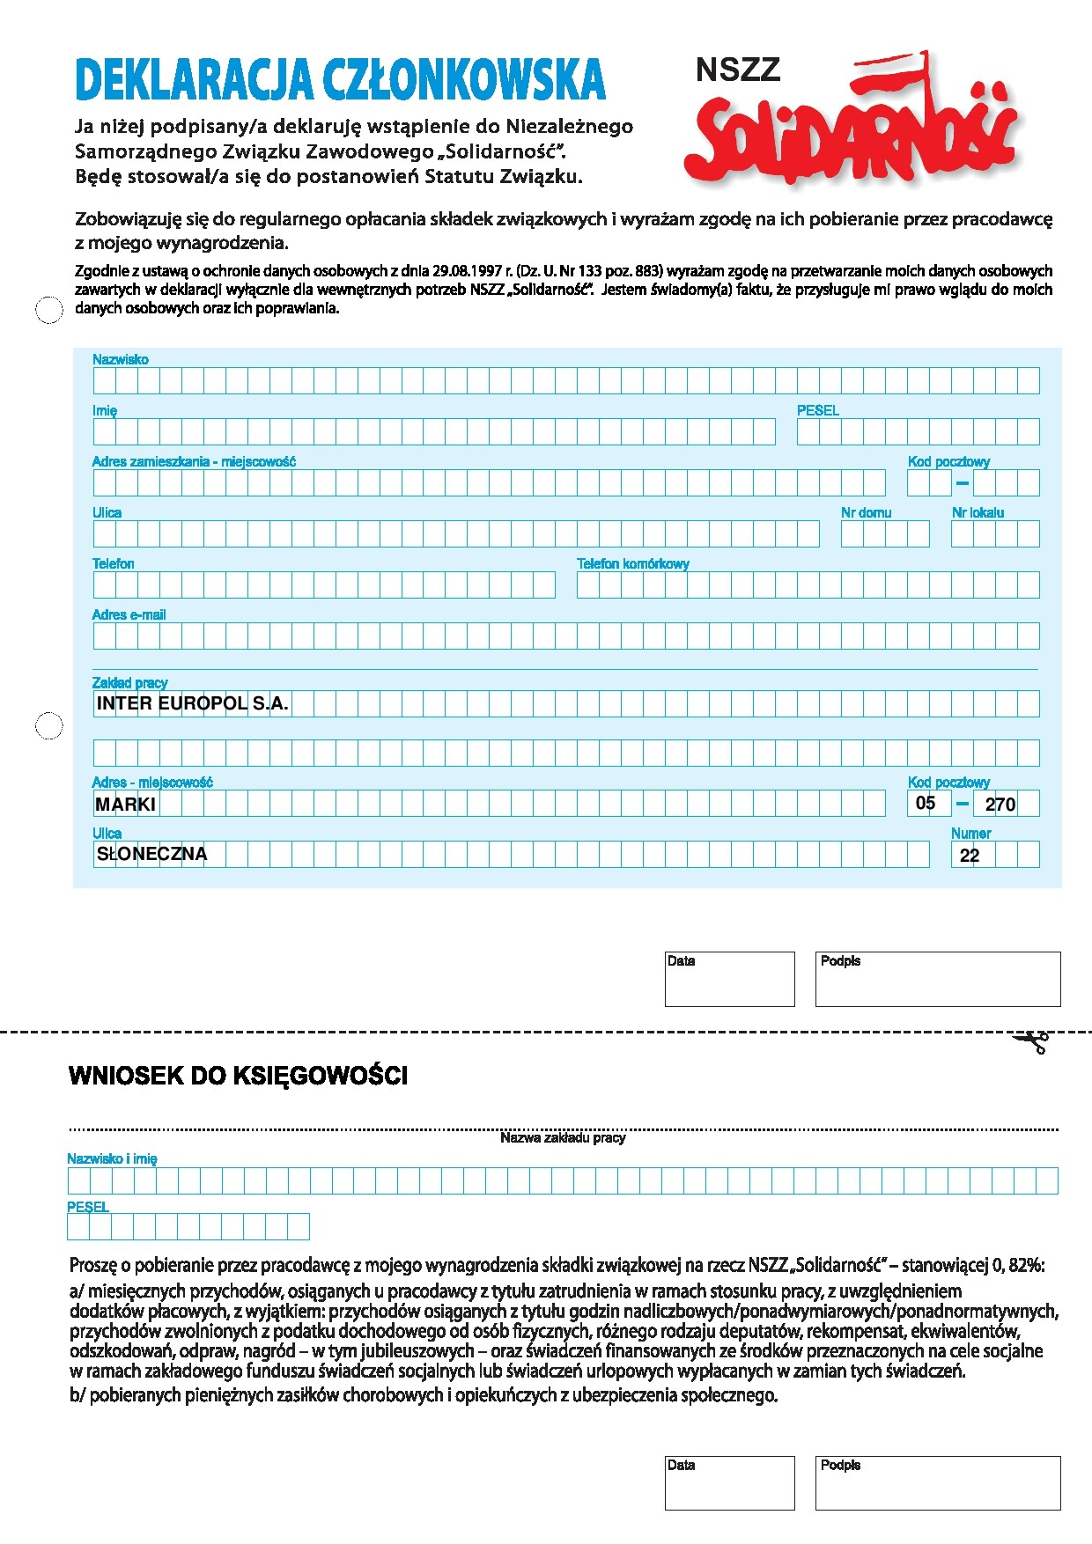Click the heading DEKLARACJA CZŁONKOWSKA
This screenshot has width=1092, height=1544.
tap(340, 80)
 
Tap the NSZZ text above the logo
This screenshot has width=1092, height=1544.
tap(738, 70)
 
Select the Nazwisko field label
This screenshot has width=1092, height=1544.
tap(121, 359)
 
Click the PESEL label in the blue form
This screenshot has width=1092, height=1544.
tap(817, 410)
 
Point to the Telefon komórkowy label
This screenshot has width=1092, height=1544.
tap(632, 563)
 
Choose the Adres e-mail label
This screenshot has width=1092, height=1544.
tap(129, 614)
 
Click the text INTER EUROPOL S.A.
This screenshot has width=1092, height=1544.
tap(192, 703)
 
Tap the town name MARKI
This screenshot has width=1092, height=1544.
tap(125, 804)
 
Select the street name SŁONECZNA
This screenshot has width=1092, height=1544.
tap(151, 854)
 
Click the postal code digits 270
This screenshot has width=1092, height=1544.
tap(1000, 804)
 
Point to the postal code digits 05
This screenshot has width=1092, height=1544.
tap(926, 803)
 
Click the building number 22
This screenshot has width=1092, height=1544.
tap(970, 855)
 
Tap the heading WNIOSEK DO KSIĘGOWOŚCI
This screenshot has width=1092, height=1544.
tap(238, 1076)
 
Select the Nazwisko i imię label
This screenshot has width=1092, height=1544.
tap(112, 1158)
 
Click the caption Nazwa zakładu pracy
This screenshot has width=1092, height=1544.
tap(563, 1137)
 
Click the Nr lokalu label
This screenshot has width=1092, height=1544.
tap(978, 512)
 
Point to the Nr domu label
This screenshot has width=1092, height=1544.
tap(866, 512)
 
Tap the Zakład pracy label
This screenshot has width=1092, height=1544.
tap(129, 682)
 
